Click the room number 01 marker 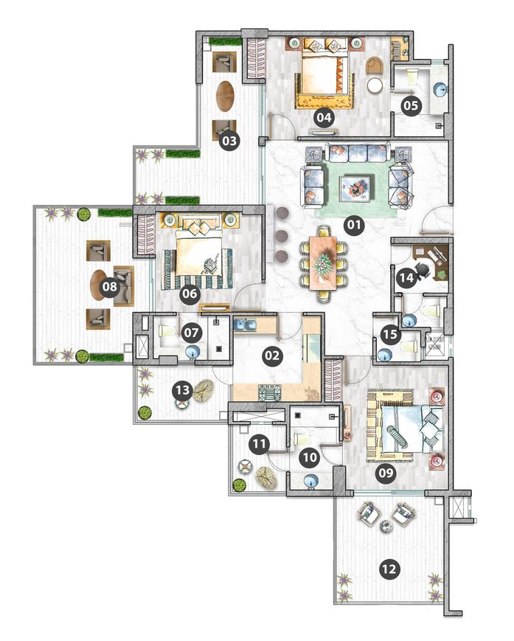354,225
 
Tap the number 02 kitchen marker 272,356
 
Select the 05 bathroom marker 411,105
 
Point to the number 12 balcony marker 389,569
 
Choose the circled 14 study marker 406,278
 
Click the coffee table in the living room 355,187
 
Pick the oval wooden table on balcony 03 225,96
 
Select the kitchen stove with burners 269,392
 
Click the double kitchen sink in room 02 245,325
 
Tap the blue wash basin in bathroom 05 441,90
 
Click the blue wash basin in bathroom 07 192,352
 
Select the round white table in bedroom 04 375,85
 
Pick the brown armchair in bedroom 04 375,66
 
